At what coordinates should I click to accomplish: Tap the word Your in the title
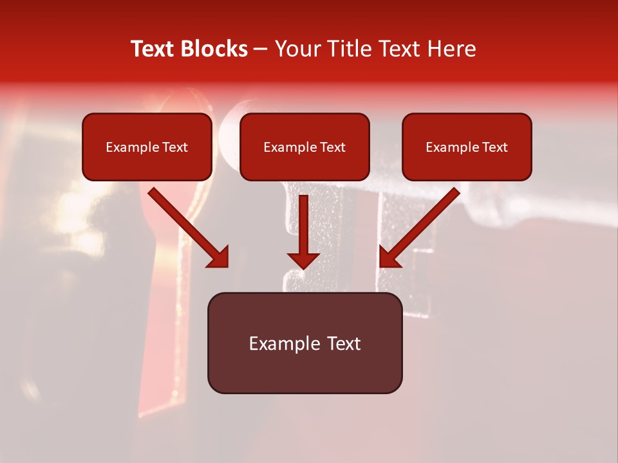pyautogui.click(x=297, y=49)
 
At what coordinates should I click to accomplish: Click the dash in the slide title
pyautogui.click(x=261, y=50)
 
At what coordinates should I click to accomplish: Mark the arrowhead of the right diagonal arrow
pyautogui.click(x=389, y=257)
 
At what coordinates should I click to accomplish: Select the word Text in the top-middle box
pyautogui.click(x=333, y=147)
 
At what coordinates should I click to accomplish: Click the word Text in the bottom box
pyautogui.click(x=344, y=343)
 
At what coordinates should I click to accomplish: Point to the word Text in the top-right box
pyautogui.click(x=495, y=147)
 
